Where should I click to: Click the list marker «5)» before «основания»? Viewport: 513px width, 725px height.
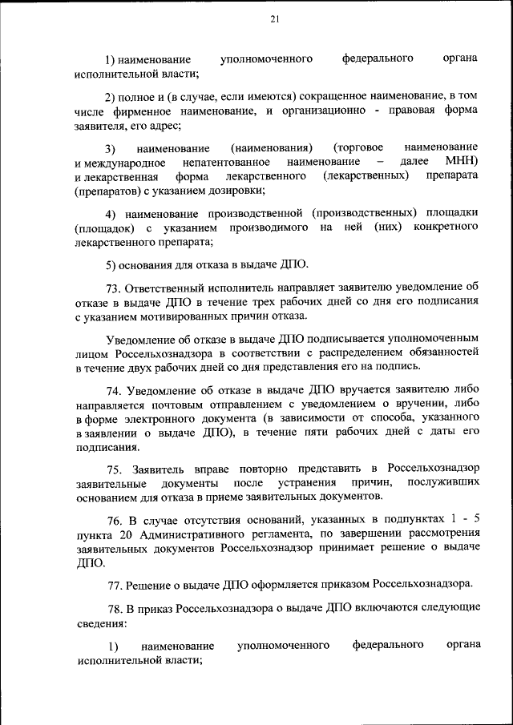(112, 264)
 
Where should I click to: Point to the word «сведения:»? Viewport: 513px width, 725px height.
(103, 622)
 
